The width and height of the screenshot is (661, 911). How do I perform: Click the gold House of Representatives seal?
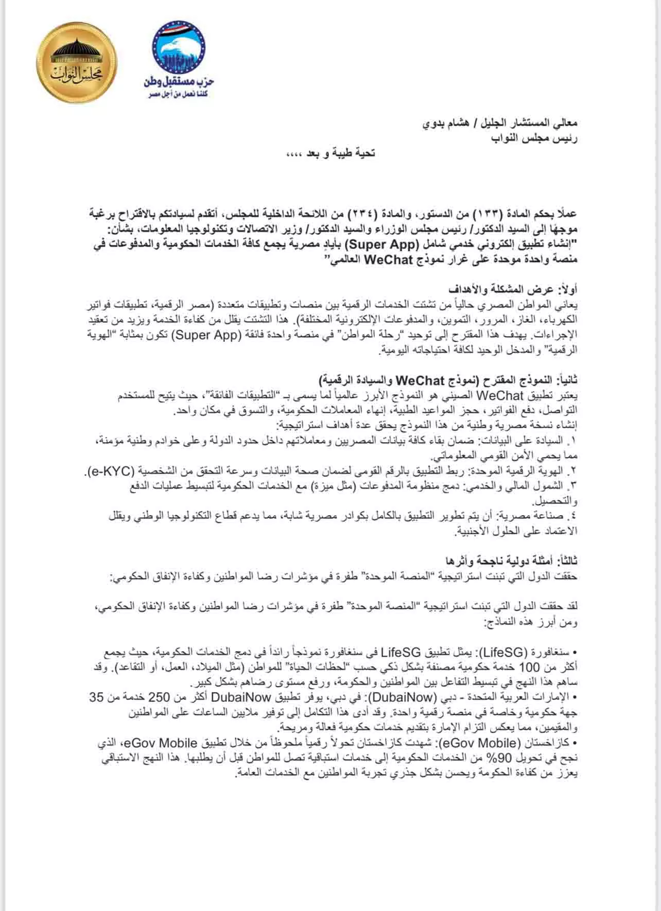click(x=80, y=61)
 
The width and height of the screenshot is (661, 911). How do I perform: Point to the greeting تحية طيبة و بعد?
click(x=331, y=153)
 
